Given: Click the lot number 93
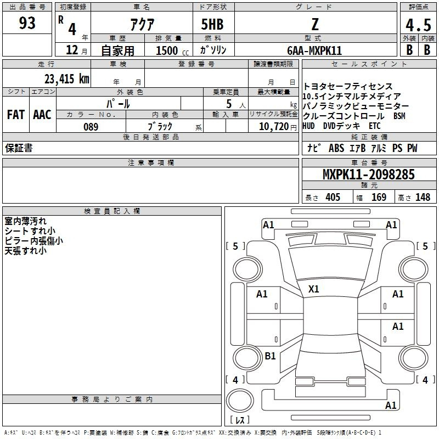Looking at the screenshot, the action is click(27, 23).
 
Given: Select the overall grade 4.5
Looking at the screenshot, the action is click(418, 25).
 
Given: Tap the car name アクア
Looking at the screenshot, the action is click(142, 24).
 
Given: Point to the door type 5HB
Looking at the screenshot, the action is click(212, 24).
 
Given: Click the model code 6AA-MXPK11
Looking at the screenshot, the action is click(314, 50).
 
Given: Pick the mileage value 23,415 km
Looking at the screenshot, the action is click(67, 78).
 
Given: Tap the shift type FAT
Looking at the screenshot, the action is click(16, 115).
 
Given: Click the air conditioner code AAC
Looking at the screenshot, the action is click(42, 115).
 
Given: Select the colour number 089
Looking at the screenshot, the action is click(91, 127).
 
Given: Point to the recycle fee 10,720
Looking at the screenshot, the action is click(274, 127).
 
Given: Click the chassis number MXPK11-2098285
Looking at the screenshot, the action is click(368, 175).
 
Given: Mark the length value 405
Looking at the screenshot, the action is click(333, 197).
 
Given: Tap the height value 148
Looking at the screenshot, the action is click(423, 197).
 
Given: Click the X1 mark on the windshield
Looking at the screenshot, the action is click(313, 289).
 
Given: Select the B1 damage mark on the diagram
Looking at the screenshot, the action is click(270, 356).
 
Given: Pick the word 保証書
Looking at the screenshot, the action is click(19, 148).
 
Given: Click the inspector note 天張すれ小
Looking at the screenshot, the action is click(25, 251).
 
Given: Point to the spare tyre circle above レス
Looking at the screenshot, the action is click(240, 401).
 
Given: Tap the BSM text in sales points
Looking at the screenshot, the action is click(399, 116).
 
